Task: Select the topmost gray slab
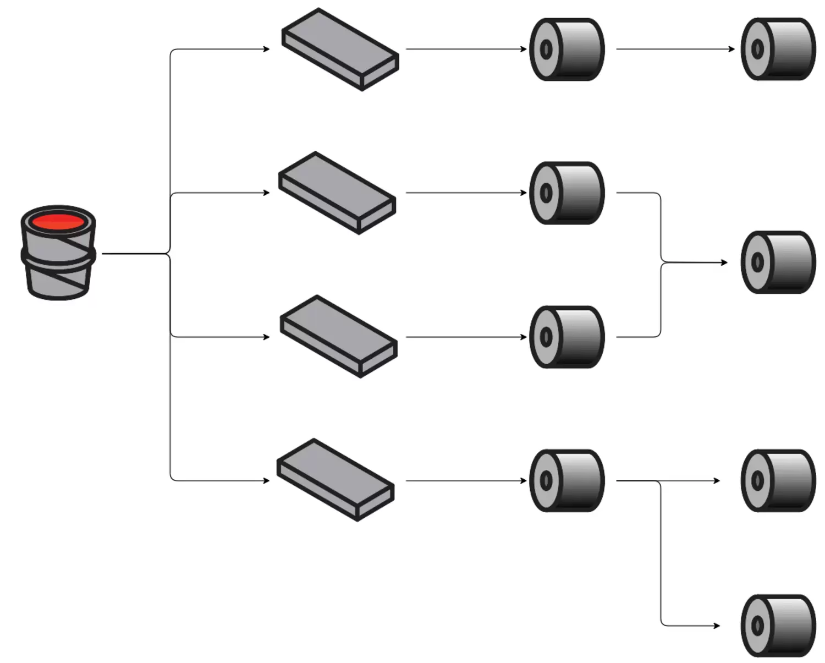[x=340, y=49]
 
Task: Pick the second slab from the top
[x=337, y=193]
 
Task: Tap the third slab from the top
[x=339, y=336]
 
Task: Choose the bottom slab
[x=335, y=480]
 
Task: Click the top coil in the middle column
[x=567, y=50]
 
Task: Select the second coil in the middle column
[x=567, y=193]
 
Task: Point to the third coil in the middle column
[x=567, y=337]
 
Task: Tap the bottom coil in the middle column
[x=567, y=481]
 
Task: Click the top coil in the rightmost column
[x=778, y=50]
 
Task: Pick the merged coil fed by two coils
[x=778, y=262]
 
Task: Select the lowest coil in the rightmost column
[x=778, y=626]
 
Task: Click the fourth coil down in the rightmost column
[x=778, y=481]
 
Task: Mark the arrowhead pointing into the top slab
[x=267, y=49]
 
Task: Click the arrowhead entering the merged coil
[x=724, y=262]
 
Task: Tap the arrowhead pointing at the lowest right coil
[x=717, y=626]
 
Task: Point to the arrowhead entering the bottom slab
[x=267, y=480]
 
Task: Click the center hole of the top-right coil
[x=757, y=50]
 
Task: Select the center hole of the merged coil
[x=757, y=262]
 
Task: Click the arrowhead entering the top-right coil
[x=732, y=49]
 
